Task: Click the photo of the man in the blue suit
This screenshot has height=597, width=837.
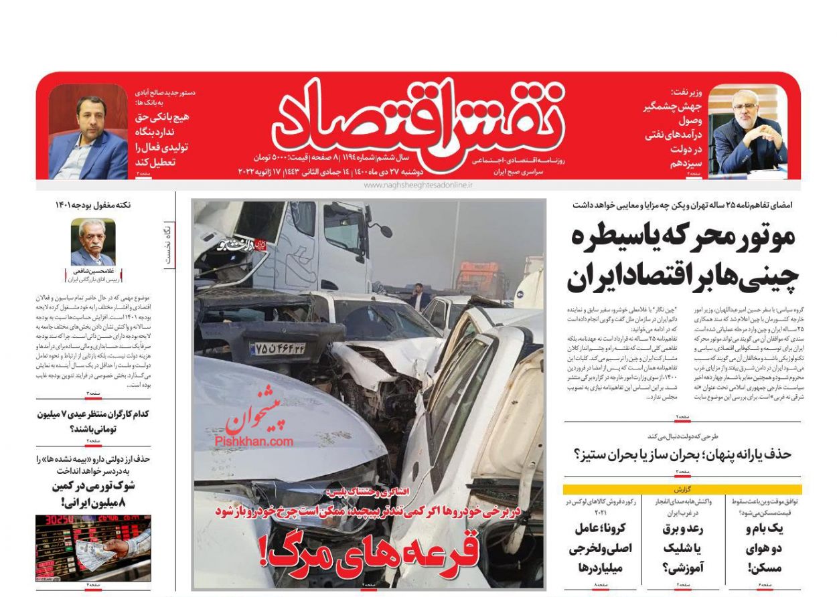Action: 88,132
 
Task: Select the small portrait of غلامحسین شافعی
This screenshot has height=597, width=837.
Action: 93,242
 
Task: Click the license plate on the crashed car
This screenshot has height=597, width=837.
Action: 277,348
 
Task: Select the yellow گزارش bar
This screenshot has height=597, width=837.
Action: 682,489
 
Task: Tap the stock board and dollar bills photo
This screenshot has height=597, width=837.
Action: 93,547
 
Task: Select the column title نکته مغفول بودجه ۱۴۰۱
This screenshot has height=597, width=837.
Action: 93,205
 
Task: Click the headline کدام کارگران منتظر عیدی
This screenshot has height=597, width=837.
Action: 93,421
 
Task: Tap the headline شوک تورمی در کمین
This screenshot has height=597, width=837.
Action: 93,493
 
